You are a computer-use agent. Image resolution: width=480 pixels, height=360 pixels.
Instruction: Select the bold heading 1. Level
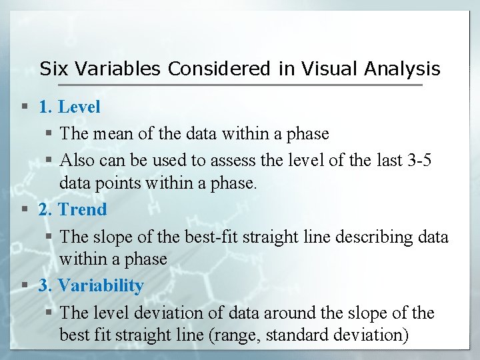pyautogui.click(x=69, y=107)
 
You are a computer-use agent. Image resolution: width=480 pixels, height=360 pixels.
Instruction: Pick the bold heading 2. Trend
pyautogui.click(x=73, y=209)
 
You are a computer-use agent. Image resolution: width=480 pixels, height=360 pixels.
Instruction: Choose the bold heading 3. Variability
pyautogui.click(x=91, y=285)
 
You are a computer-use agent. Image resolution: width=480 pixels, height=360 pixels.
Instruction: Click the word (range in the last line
pyautogui.click(x=238, y=335)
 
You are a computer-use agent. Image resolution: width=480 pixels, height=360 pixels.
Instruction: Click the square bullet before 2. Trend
pyautogui.click(x=25, y=210)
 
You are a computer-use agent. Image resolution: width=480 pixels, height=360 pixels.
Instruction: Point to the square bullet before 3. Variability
pyautogui.click(x=25, y=286)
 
